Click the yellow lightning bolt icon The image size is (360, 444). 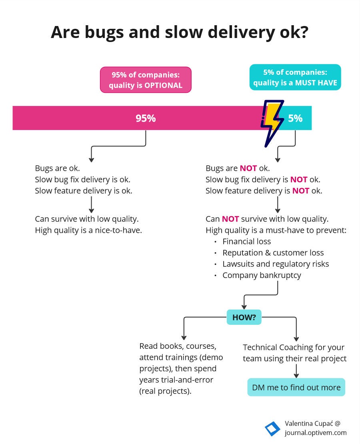point(272,123)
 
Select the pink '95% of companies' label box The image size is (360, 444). point(146,80)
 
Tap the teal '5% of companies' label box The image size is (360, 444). point(295,77)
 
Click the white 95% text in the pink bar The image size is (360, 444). point(146,118)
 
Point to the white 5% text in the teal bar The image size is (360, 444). point(295,118)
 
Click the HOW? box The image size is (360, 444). point(244,317)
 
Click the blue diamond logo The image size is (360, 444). point(272,428)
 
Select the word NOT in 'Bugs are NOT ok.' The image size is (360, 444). point(248,168)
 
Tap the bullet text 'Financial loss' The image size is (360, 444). point(247,241)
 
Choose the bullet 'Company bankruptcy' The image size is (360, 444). point(262,275)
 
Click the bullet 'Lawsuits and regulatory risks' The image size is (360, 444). point(276,264)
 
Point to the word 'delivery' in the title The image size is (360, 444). point(241,32)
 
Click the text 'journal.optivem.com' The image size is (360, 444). point(316,433)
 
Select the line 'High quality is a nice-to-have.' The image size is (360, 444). point(88,230)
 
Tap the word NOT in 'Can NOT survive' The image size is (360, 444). point(230,219)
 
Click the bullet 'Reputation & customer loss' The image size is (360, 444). point(273,252)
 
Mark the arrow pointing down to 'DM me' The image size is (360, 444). point(296,371)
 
